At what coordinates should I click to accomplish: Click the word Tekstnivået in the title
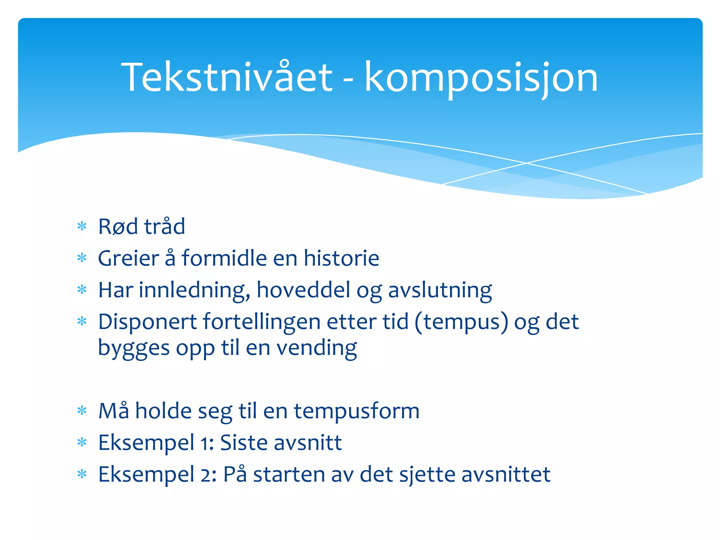tap(227, 77)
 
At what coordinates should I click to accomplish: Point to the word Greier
tap(128, 258)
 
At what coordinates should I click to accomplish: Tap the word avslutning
tap(440, 291)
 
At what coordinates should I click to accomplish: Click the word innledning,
tap(194, 291)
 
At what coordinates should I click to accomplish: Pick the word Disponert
tap(147, 322)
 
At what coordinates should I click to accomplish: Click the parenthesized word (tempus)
tap(461, 322)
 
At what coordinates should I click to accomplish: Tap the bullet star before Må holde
tap(82, 410)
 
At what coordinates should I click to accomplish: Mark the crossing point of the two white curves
tap(526, 163)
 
